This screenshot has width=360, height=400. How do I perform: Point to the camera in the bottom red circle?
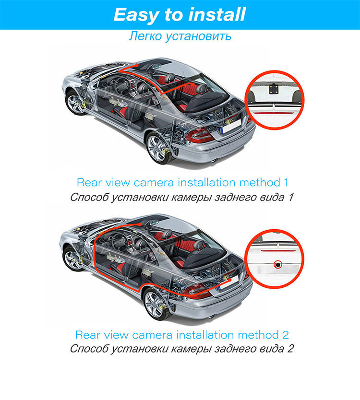point(277,264)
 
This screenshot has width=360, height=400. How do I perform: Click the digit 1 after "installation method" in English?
point(286,182)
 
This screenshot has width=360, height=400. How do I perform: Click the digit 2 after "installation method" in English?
point(286,334)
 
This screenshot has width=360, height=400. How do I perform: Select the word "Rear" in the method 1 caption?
point(89,182)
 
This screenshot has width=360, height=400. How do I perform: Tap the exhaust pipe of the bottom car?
point(214,316)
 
